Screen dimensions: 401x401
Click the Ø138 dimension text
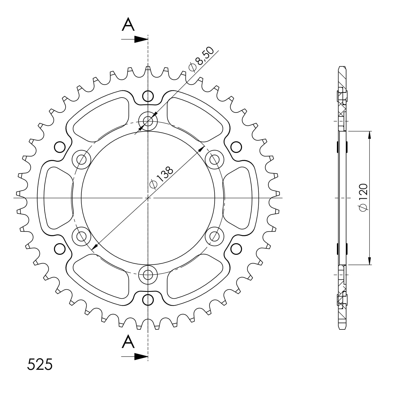pos(161,178)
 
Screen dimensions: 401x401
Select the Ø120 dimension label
pos(363,197)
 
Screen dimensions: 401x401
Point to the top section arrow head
pos(141,39)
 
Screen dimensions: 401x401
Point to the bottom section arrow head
pos(141,357)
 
